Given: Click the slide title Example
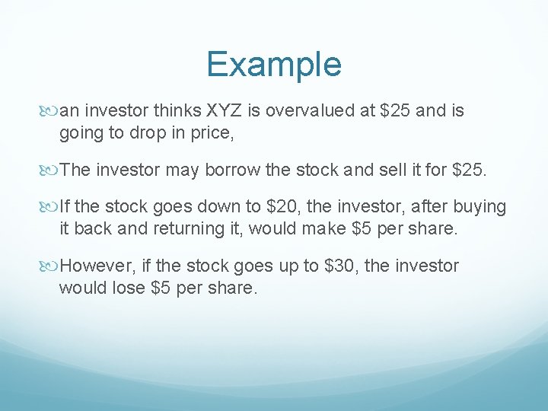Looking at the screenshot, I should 273,64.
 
